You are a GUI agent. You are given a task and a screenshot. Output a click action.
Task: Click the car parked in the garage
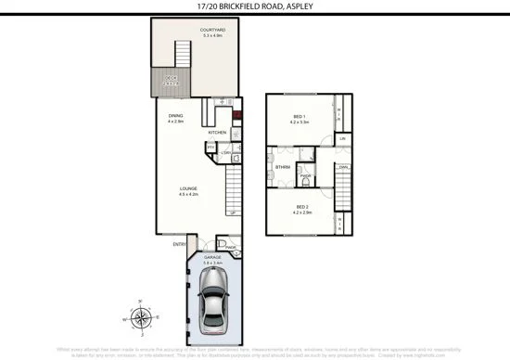tap(213, 301)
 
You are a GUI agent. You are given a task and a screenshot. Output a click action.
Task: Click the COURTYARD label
tap(212, 31)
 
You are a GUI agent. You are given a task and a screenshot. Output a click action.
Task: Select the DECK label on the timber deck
tap(170, 79)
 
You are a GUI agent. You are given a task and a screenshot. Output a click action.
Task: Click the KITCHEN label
tap(217, 133)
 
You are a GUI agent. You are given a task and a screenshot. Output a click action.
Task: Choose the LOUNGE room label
tap(188, 187)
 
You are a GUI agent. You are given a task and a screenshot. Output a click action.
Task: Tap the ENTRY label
tap(180, 244)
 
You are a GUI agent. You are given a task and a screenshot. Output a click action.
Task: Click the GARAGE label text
tap(213, 257)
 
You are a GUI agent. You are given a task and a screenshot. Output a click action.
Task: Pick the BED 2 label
tap(301, 206)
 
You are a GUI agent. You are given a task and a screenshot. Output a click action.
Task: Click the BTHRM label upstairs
tap(283, 167)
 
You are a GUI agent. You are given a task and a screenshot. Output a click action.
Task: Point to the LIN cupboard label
tap(342, 139)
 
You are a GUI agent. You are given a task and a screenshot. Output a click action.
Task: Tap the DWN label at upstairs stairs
tap(342, 167)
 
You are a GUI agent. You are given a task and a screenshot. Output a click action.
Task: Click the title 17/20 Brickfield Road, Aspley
tap(253, 7)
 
